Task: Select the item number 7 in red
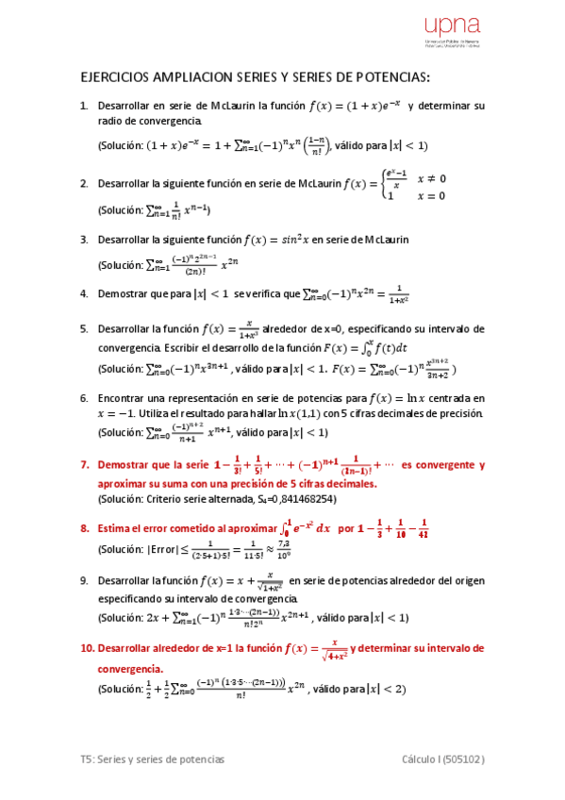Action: tap(84, 465)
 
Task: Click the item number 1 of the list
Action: tap(84, 107)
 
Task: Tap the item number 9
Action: tap(84, 580)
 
